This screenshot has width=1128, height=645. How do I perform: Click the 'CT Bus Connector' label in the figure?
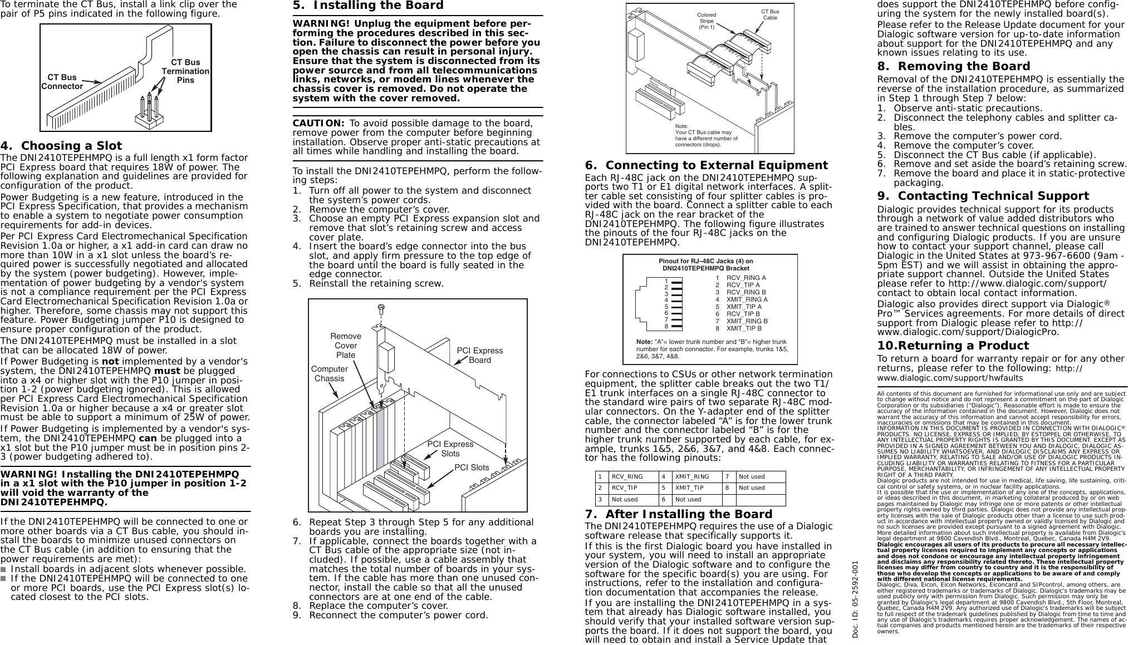[62, 82]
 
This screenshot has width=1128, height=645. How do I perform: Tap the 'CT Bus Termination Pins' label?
[185, 71]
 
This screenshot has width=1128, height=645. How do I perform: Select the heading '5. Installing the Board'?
[368, 6]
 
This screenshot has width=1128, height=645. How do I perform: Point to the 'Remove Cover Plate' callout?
[346, 346]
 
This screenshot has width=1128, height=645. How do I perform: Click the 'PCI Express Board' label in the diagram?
[479, 355]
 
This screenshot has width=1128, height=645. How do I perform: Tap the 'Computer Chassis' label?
[329, 373]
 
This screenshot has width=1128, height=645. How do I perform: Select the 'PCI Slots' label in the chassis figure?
[472, 467]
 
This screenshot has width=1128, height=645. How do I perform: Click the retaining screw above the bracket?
[381, 307]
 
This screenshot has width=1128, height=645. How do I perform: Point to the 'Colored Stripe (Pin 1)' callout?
[707, 21]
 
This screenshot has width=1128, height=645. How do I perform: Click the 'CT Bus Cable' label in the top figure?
[770, 14]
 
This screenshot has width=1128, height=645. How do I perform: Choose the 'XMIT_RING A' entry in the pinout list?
[747, 299]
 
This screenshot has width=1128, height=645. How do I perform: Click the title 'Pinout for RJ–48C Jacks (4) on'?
[705, 261]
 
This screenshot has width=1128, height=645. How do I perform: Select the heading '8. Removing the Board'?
[953, 66]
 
